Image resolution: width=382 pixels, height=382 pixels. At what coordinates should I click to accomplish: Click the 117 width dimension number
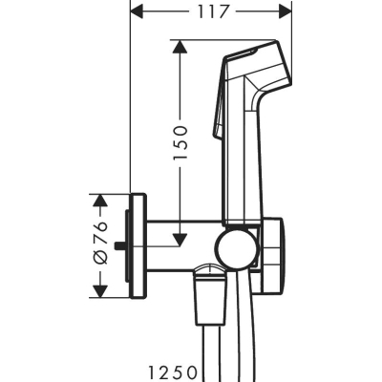click(213, 12)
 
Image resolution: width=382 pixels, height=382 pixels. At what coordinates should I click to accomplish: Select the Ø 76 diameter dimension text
click(101, 243)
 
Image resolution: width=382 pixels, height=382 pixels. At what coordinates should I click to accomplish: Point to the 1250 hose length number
click(172, 371)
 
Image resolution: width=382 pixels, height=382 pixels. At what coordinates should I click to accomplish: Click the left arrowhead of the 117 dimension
click(138, 12)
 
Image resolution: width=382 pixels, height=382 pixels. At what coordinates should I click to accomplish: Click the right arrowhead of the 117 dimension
click(285, 12)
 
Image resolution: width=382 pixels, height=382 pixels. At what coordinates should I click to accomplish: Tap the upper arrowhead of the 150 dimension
click(180, 47)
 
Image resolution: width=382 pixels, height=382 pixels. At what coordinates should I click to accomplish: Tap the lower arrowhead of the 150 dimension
click(180, 240)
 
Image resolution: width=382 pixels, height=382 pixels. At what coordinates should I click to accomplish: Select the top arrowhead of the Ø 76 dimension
click(100, 201)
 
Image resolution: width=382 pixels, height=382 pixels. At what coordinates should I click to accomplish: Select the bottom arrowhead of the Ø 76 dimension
click(100, 290)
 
